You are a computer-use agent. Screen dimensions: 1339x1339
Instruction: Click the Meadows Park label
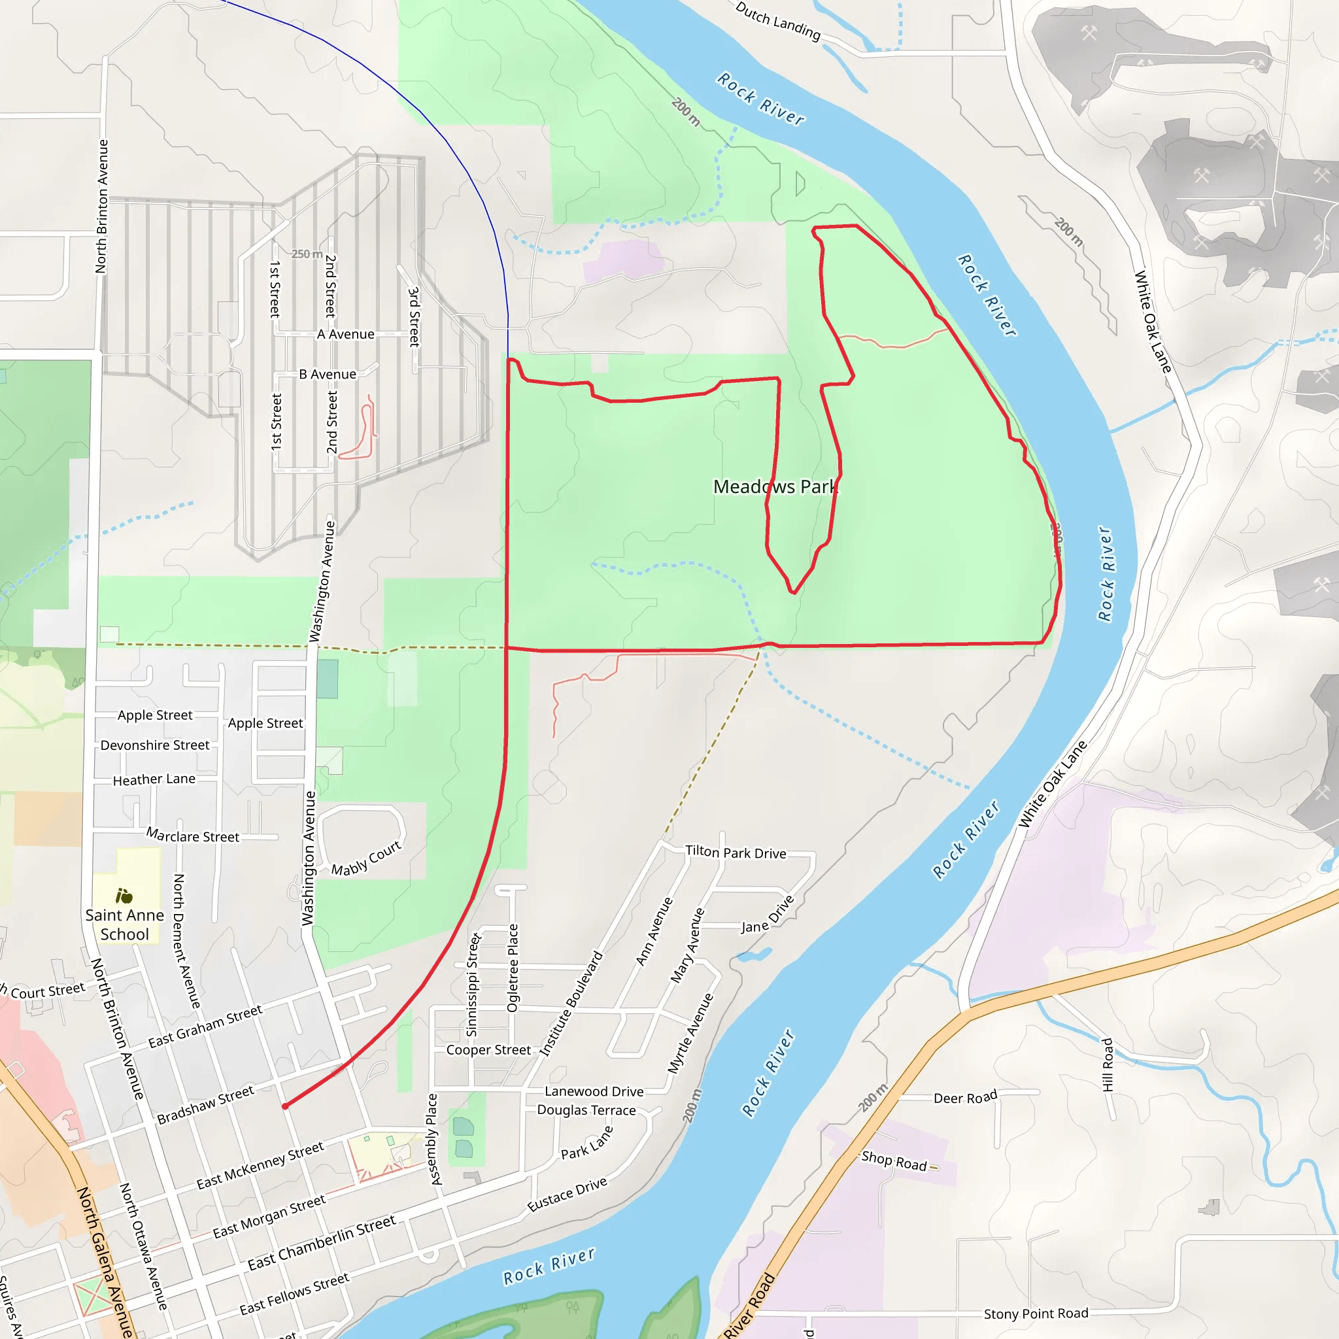point(775,486)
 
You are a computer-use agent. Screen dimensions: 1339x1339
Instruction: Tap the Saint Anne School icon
point(124,896)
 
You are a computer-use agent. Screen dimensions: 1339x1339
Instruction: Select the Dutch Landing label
point(777,21)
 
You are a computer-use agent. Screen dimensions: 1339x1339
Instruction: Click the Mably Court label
point(366,858)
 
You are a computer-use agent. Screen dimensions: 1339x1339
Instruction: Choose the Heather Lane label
point(154,779)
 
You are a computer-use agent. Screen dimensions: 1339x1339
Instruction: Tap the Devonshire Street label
point(154,745)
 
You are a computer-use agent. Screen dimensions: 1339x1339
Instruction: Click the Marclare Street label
point(193,836)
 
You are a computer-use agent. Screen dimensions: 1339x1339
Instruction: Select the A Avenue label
point(346,334)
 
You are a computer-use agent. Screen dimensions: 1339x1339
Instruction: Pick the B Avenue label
point(328,374)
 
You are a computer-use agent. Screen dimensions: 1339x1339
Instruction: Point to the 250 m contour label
point(307,254)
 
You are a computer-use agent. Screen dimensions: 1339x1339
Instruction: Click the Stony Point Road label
point(1036,1314)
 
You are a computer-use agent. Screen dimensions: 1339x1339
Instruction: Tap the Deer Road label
point(965,1098)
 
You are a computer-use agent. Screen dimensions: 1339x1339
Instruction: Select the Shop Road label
point(894,1161)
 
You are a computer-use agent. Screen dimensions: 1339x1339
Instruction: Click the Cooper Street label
point(488,1049)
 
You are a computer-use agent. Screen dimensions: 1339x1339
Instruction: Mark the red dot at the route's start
point(285,1106)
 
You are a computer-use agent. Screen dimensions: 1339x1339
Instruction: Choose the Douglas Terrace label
point(586,1110)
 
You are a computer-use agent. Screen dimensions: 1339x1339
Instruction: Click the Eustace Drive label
point(567,1194)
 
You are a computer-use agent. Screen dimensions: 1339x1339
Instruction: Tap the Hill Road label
point(1108,1064)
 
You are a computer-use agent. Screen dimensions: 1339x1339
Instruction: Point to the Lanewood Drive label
point(594,1092)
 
